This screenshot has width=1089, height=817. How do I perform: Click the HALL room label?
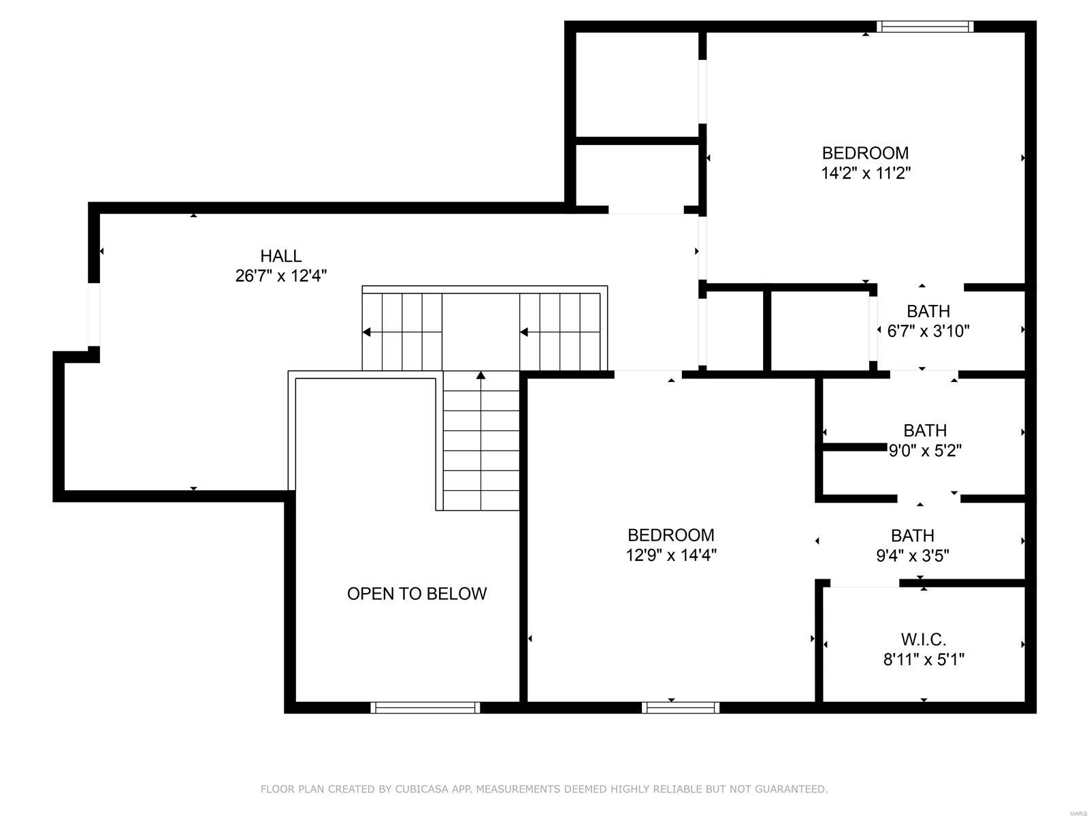280,256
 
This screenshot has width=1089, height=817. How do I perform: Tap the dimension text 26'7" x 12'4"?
280,276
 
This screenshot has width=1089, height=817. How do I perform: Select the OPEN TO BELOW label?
417,594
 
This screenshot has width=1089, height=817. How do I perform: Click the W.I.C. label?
924,639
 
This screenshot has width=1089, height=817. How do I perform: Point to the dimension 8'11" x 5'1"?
924,660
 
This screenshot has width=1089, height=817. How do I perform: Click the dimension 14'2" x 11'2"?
865,173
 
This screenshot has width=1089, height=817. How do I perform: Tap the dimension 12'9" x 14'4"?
671,556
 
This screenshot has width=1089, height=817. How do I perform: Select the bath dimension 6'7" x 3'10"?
928,332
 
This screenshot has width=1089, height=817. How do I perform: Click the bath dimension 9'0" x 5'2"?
925,451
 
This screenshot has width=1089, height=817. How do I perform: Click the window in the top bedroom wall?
925,27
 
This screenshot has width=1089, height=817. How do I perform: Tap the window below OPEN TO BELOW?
425,708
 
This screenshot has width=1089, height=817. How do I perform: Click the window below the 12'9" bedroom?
680,708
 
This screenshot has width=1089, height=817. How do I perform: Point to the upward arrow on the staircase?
481,376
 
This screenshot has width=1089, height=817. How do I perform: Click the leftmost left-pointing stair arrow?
367,332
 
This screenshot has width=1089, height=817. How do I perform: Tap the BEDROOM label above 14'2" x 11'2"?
865,153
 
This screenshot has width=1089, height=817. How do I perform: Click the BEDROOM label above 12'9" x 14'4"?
671,535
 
